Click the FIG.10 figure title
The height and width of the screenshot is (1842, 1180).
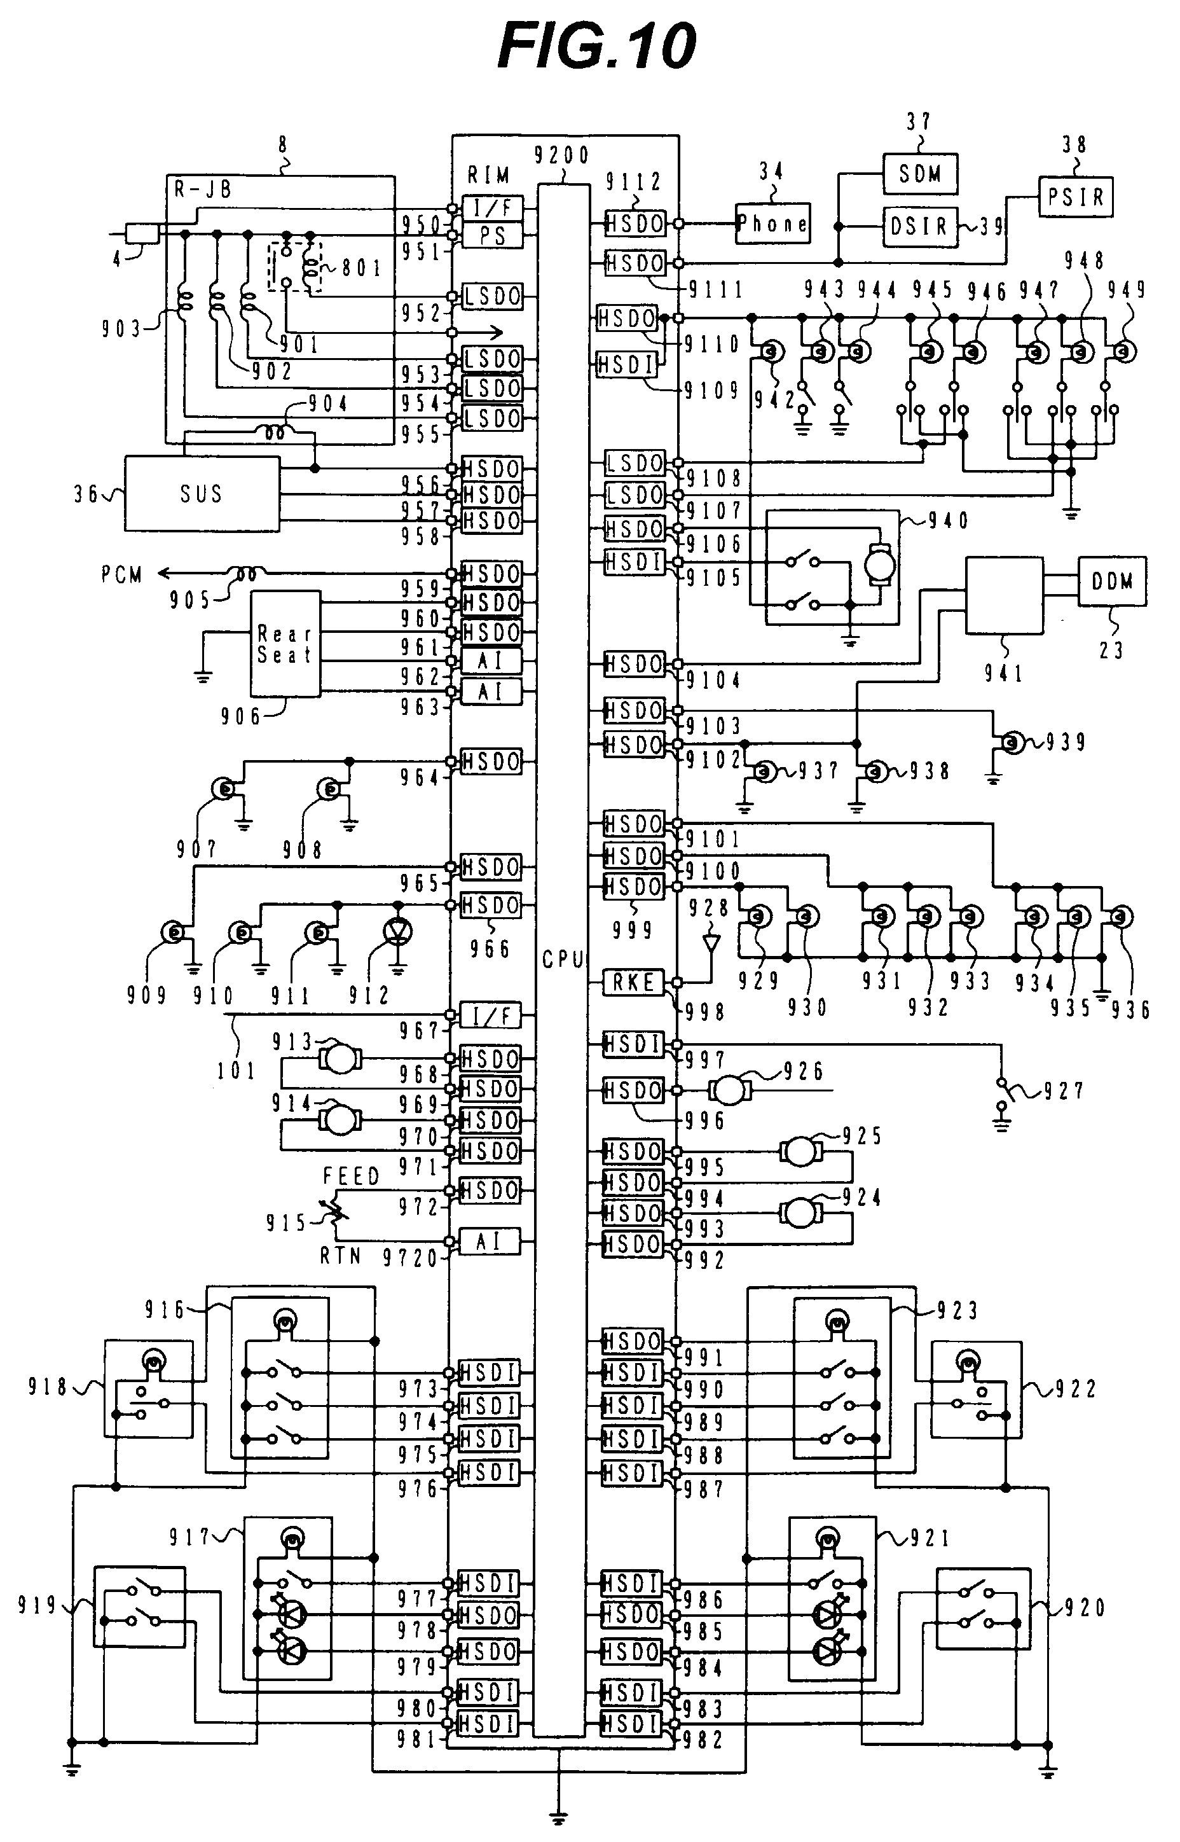tap(596, 46)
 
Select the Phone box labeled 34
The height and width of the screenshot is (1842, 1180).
tap(772, 224)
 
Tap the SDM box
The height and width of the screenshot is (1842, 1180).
tap(919, 174)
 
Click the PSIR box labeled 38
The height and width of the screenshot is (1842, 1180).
tap(1075, 197)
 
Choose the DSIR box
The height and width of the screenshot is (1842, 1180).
tap(919, 227)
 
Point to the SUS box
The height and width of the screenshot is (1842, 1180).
tap(202, 494)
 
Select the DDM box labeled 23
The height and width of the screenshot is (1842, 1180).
tap(1112, 581)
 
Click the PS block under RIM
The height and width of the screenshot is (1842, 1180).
tap(493, 235)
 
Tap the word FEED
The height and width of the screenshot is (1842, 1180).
tap(351, 1176)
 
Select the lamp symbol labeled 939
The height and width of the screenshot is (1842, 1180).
tap(1013, 742)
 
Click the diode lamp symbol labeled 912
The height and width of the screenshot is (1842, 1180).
tap(397, 931)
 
